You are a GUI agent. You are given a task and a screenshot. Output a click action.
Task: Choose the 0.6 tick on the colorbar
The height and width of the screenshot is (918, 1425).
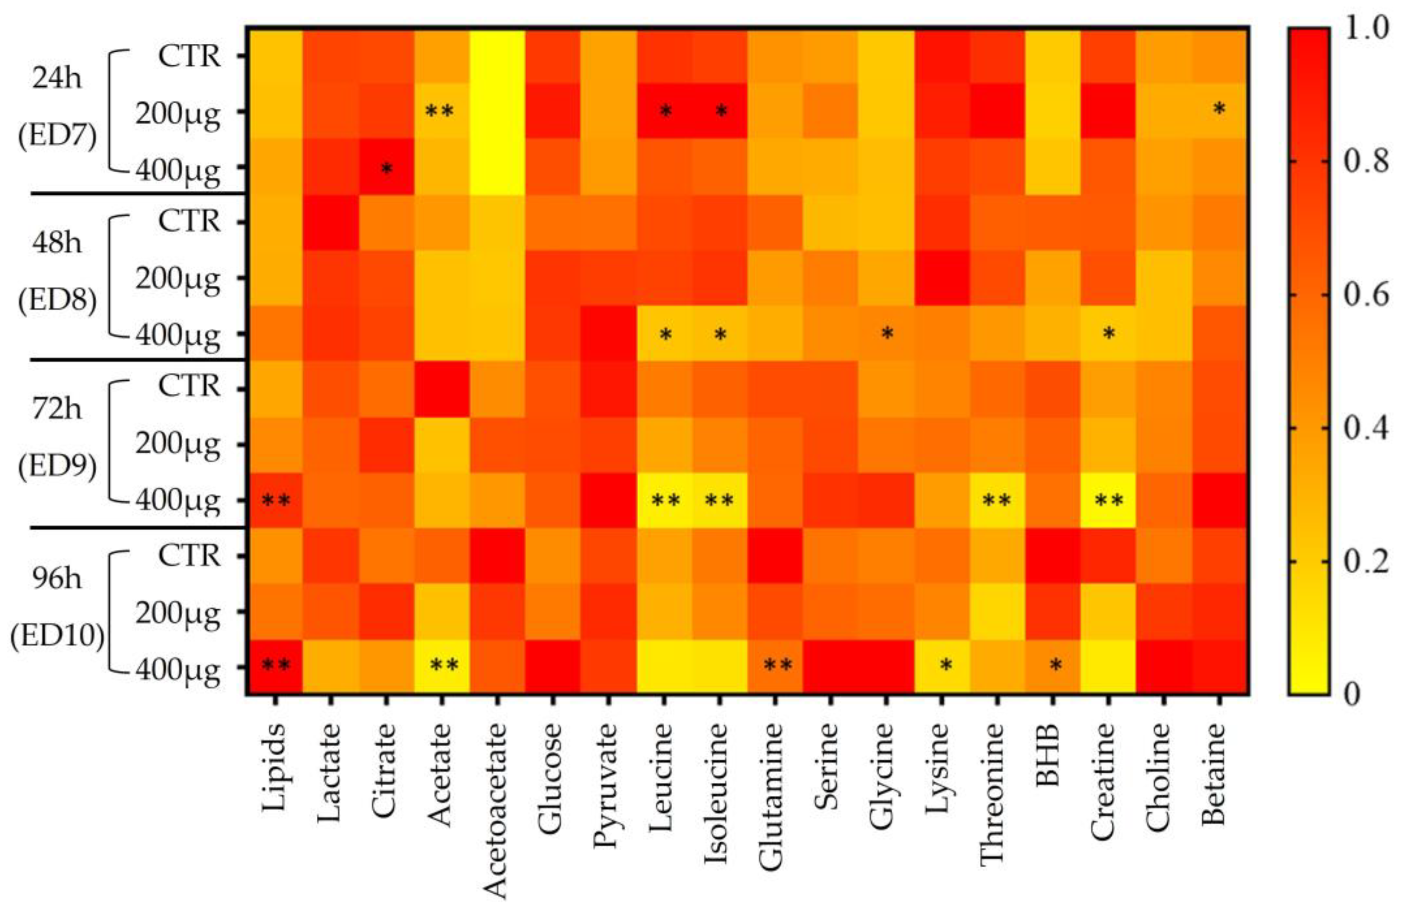[x=1366, y=295]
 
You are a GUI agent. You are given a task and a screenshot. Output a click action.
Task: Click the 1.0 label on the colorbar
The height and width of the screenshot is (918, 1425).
[x=1366, y=29]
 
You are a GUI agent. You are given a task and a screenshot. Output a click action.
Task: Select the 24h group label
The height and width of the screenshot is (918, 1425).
[x=57, y=78]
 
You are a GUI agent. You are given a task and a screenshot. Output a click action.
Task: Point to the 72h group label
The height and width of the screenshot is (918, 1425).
[x=57, y=409]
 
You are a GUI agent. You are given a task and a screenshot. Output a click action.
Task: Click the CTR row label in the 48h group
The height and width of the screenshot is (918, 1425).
[x=190, y=222]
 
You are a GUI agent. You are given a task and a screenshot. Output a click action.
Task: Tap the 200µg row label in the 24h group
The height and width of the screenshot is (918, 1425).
[x=178, y=113]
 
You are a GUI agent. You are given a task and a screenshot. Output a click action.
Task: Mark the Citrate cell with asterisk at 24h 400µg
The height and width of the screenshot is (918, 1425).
[x=387, y=168]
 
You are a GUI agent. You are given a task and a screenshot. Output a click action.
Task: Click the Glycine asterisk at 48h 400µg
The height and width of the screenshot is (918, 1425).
[x=887, y=334]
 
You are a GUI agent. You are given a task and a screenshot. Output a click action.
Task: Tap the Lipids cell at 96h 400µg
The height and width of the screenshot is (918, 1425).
[x=276, y=666]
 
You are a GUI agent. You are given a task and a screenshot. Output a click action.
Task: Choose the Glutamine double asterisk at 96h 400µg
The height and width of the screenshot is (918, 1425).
[x=777, y=665]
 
